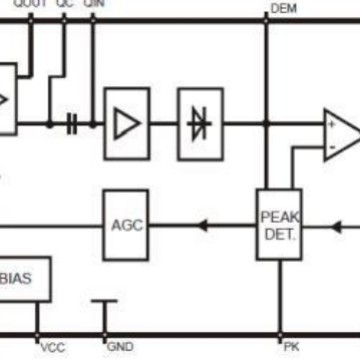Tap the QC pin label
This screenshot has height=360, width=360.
[x=65, y=5]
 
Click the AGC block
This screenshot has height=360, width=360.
[x=126, y=224]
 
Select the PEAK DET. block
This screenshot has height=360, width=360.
[x=279, y=224]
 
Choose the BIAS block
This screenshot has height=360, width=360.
[x=23, y=277]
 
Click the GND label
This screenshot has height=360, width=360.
[x=121, y=348]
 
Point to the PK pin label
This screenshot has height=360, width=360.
[x=291, y=348]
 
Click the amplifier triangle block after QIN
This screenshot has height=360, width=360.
[x=126, y=123]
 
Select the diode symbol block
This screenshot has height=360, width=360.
[x=200, y=123]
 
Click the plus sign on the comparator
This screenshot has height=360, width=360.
[x=331, y=126]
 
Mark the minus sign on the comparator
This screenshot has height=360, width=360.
[x=331, y=148]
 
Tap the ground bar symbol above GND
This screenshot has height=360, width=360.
[x=104, y=302]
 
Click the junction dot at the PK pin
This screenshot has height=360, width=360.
[x=268, y=335]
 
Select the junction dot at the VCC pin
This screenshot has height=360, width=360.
[x=37, y=335]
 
